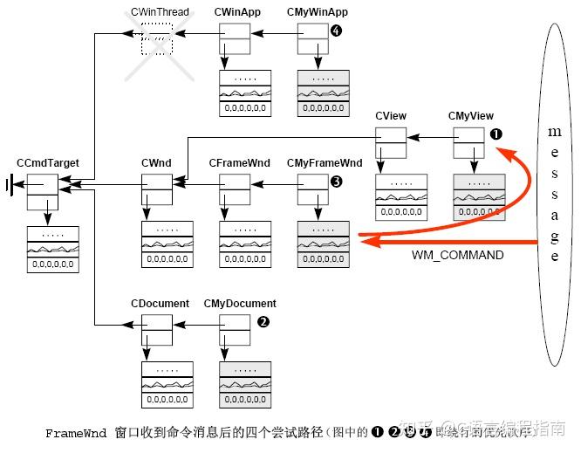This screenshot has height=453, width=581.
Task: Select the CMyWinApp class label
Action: point(317,11)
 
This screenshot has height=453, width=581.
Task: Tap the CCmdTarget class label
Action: point(48,163)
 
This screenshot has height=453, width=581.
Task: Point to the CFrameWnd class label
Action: point(240,163)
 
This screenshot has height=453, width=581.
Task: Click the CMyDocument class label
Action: point(240,304)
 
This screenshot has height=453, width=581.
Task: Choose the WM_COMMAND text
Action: point(457,255)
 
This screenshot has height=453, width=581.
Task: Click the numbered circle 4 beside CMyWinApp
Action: point(337,31)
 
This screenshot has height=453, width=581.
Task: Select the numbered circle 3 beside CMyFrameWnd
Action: point(336,182)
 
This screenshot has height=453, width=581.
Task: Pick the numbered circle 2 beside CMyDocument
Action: point(263,321)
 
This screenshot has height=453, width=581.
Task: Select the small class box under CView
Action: point(390,142)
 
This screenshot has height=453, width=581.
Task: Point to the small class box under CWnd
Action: point(157,189)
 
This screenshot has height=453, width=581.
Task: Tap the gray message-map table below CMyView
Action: point(478,196)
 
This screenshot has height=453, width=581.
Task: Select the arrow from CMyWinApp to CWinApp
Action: point(275,35)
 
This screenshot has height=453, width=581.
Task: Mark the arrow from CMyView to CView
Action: point(429,135)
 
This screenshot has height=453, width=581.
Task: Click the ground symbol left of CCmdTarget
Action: point(11,185)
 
